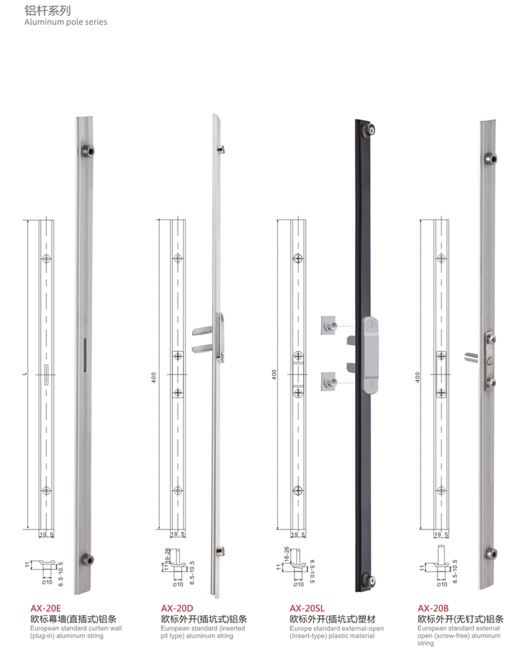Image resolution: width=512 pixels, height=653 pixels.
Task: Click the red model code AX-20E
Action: [x=45, y=608]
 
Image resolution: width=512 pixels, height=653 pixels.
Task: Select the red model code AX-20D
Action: [x=177, y=608]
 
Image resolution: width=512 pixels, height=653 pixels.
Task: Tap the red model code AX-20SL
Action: [x=307, y=608]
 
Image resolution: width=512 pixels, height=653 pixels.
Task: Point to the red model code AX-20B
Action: [x=433, y=608]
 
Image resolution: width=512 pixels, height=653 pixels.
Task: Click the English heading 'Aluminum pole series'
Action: [x=66, y=22]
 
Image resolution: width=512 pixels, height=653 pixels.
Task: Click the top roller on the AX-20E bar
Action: [x=88, y=150]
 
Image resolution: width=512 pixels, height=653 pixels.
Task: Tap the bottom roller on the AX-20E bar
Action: [x=86, y=560]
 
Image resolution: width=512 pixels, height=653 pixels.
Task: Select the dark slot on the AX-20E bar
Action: [x=85, y=355]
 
